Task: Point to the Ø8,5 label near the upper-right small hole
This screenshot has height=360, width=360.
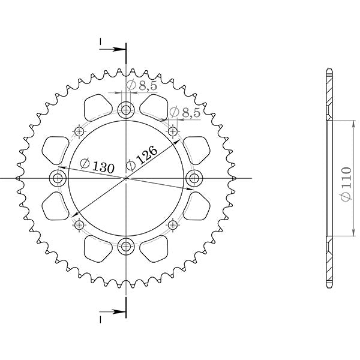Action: point(185,112)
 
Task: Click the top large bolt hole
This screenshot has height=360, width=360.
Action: point(126,110)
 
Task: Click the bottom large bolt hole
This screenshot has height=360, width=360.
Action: point(126,245)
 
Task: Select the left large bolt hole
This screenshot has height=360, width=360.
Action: point(58,178)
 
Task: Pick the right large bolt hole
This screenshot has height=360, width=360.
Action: point(194,178)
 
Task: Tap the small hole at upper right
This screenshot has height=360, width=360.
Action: point(173,131)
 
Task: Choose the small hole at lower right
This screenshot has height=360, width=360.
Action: point(173,225)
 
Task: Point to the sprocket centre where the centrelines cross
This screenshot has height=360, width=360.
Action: point(126,178)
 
